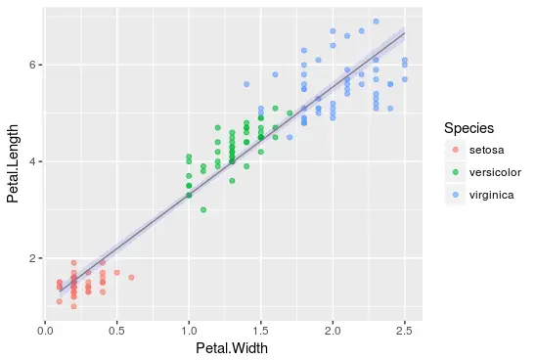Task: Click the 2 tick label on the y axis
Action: [x=32, y=258]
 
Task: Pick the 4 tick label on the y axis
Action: [x=32, y=161]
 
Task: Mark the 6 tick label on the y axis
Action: [x=32, y=65]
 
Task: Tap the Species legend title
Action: [x=474, y=128]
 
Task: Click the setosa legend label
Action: [x=486, y=150]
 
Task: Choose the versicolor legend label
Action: [x=494, y=171]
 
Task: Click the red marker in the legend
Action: [x=454, y=150]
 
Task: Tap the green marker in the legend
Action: [x=454, y=171]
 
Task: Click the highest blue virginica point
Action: [x=376, y=21]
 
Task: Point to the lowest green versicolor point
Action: [x=203, y=209]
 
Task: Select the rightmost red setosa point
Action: [x=131, y=277]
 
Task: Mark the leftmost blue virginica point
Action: [x=246, y=84]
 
